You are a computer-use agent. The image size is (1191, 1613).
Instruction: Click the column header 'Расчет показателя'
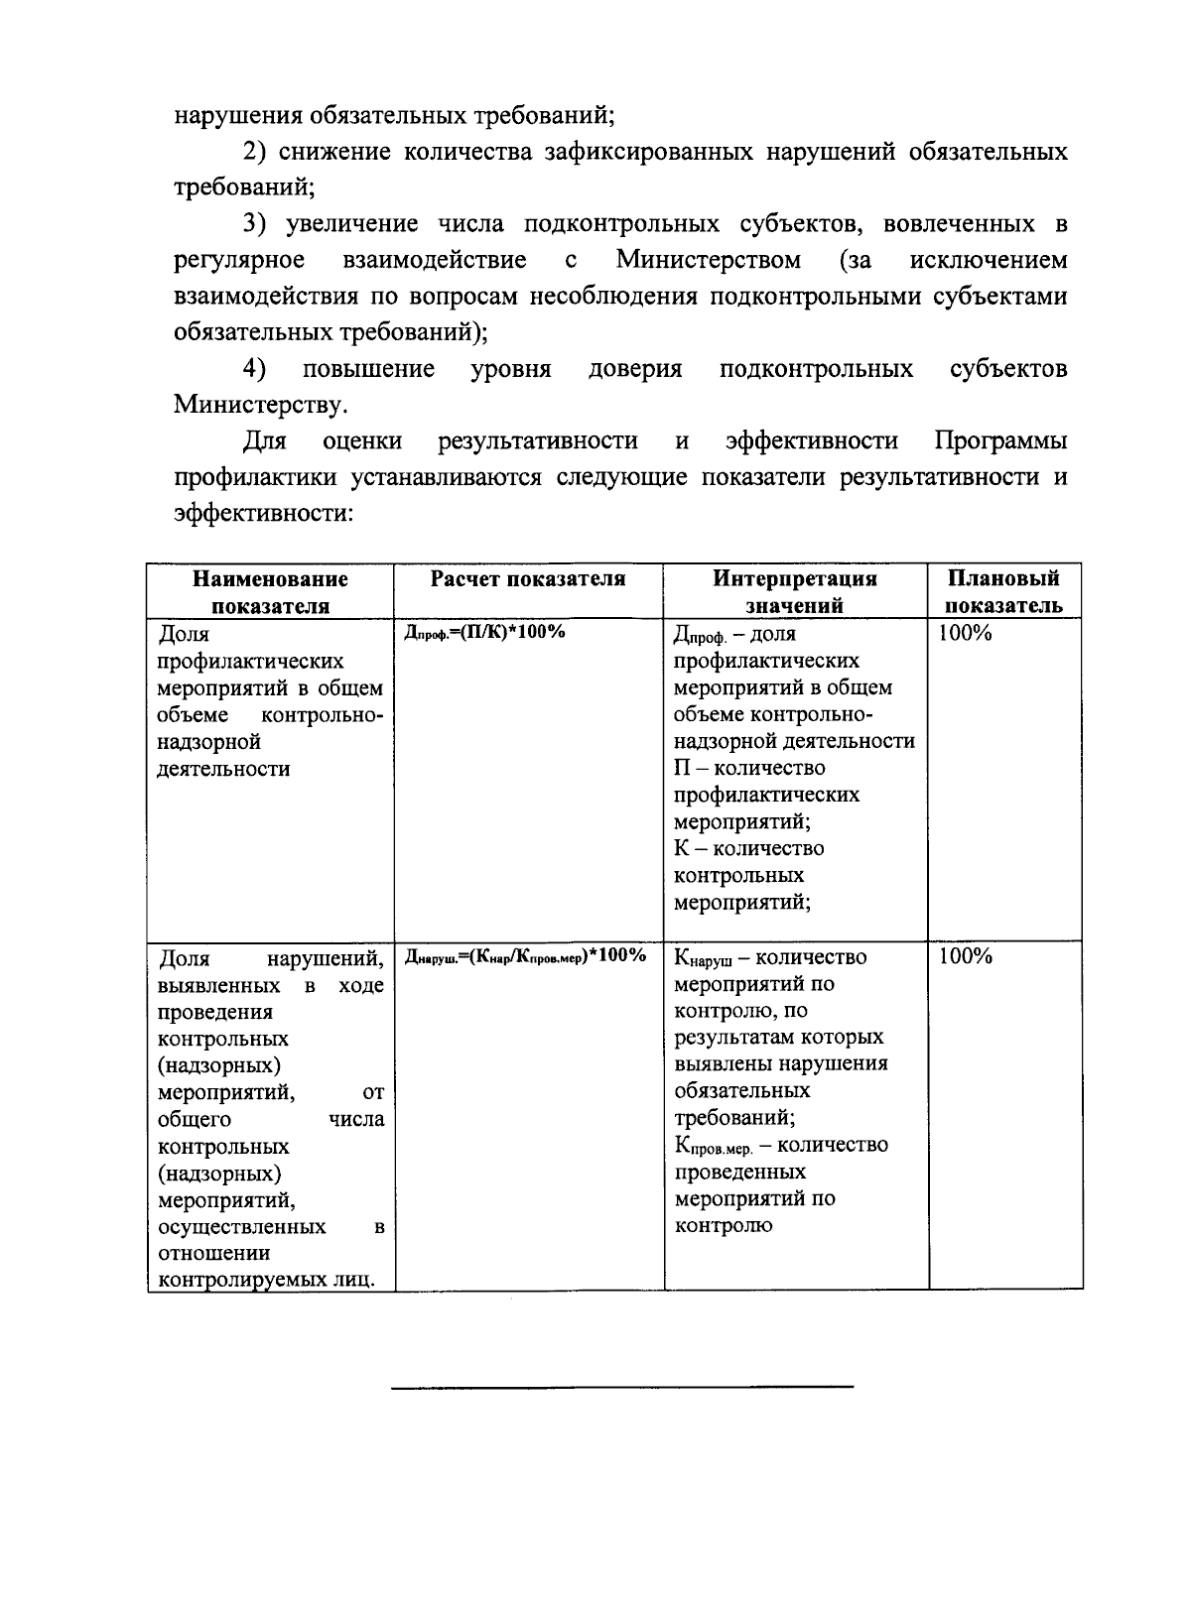coord(527,579)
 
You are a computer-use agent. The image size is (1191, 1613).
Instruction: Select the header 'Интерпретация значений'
coord(795,592)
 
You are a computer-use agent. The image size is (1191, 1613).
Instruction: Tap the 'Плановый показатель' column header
coord(1003,592)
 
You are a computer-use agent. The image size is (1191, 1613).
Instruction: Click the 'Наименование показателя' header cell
coord(270,592)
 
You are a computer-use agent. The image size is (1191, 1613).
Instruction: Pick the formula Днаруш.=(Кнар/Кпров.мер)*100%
coord(526,956)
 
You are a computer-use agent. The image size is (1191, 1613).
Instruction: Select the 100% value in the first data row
coord(966,634)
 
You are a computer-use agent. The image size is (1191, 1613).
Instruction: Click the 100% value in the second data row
coord(966,956)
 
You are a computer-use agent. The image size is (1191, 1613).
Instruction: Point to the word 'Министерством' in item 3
coord(708,261)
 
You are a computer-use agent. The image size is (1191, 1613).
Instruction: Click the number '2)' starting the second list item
coord(256,152)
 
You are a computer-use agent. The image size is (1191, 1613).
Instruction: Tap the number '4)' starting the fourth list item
coord(256,369)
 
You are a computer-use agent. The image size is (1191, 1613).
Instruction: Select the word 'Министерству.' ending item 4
coord(261,405)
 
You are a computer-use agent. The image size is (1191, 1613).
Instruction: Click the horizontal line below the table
coord(622,1386)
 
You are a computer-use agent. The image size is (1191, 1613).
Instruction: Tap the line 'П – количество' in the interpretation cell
coord(749,769)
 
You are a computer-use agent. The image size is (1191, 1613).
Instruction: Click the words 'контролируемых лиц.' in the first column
coord(267,1280)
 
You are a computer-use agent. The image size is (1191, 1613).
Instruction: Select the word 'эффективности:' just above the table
coord(264,513)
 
